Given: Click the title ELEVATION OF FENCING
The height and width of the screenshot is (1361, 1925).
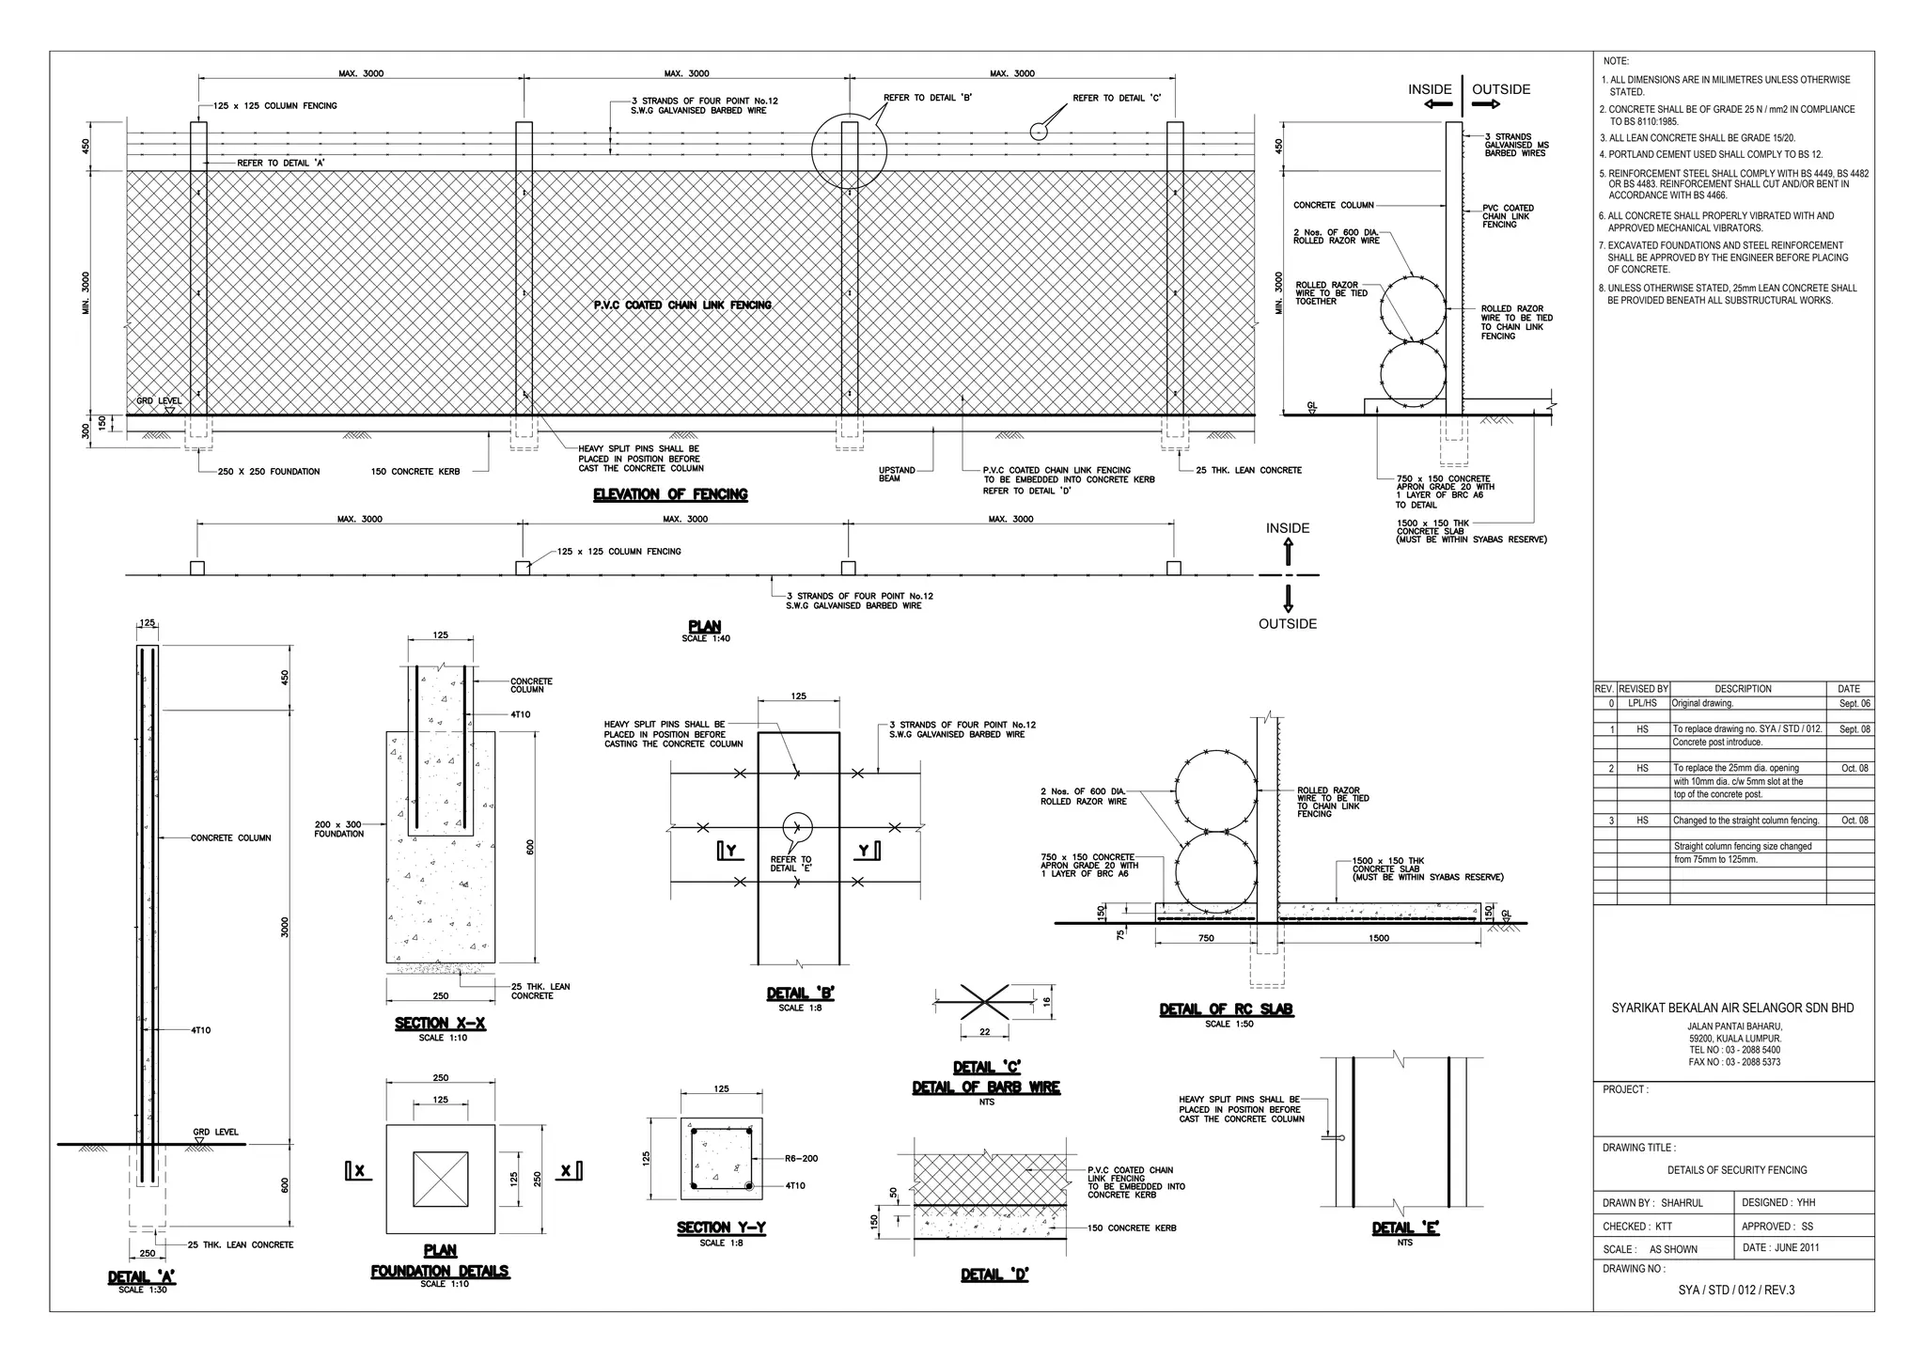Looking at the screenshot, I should pos(670,494).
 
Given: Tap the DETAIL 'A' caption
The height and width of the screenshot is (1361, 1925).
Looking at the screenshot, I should pos(142,1277).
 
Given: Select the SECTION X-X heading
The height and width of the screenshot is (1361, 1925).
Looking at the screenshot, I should pos(440,1024).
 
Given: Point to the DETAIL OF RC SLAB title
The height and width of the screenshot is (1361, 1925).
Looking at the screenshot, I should pos(1226,1009).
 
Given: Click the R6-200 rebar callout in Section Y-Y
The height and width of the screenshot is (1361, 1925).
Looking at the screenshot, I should pos(801,1158).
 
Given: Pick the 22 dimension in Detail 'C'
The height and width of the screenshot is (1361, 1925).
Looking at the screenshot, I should pos(984,1032).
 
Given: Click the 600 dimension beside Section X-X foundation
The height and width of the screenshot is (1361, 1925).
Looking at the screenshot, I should pos(530,847).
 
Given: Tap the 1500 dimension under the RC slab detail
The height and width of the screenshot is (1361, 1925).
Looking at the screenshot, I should pos(1379,938).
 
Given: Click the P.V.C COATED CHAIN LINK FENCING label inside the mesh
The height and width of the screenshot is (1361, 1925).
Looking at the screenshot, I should pos(682,305).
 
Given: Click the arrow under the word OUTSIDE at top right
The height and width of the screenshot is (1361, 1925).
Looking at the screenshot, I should pos(1486,104).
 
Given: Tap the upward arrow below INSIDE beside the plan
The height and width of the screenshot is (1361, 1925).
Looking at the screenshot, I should pos(1288,552).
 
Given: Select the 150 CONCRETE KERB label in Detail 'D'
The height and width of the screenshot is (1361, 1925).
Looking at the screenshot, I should pos(1132,1228).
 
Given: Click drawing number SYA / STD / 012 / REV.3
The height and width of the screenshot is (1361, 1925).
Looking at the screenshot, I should pos(1736,1290).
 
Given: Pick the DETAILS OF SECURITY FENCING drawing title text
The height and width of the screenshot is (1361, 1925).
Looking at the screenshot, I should pos(1737,1170).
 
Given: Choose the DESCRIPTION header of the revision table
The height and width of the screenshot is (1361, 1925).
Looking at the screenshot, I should pos(1742,689).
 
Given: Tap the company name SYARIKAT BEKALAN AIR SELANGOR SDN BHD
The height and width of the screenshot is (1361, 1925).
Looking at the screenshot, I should pos(1732,1008).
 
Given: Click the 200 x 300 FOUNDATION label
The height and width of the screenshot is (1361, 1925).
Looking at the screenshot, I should pos(338,829).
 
